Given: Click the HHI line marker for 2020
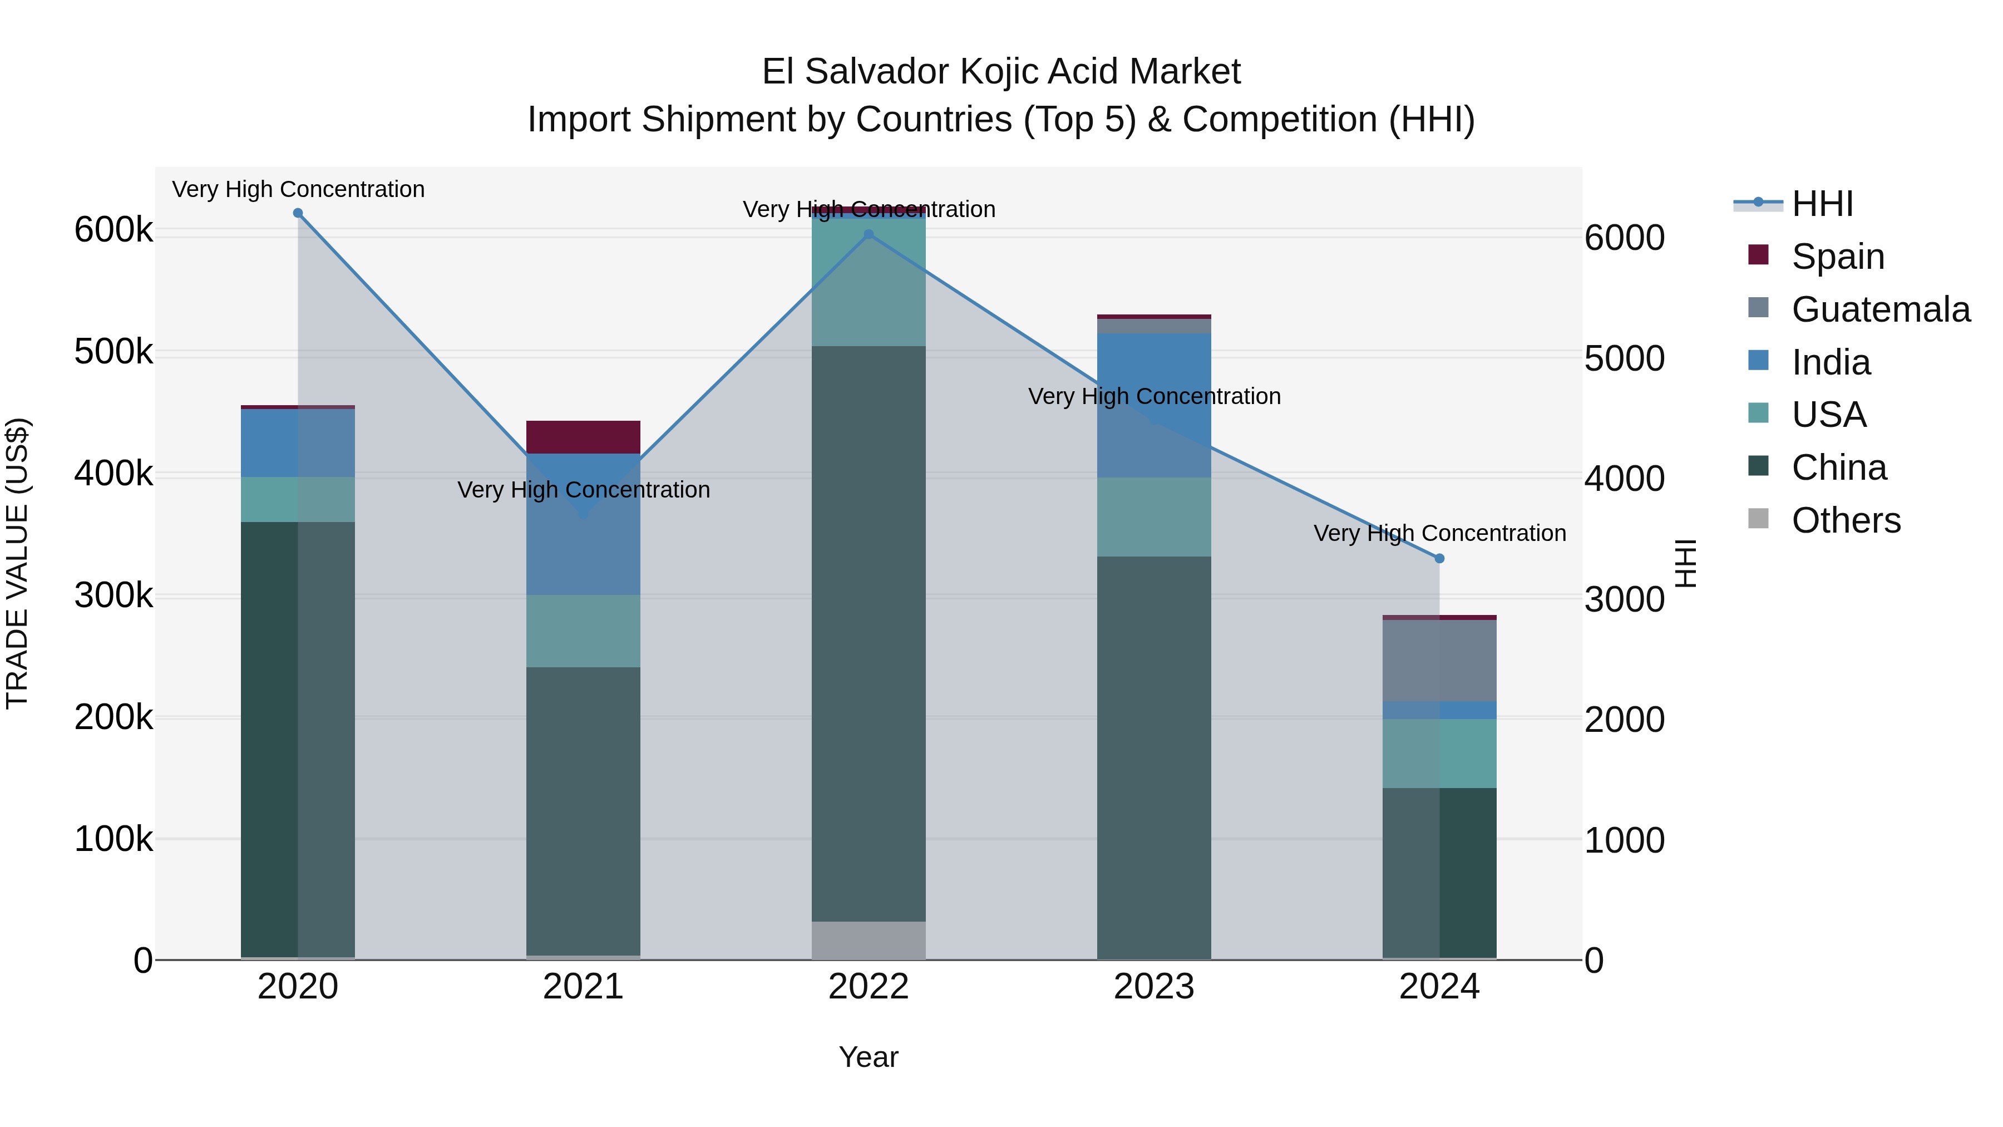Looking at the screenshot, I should [x=298, y=213].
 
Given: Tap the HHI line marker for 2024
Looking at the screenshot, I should [x=1439, y=558].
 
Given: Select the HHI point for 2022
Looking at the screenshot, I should [x=869, y=234].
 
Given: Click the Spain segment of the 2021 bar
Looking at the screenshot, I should [x=583, y=437].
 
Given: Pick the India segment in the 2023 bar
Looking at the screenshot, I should [x=1154, y=405].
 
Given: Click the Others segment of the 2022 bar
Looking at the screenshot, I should [x=869, y=941].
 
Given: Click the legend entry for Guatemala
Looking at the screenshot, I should [x=1880, y=309].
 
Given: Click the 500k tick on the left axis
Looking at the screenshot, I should [x=114, y=352].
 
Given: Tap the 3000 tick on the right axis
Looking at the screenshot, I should [x=1624, y=599].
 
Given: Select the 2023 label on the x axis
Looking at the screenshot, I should [x=1154, y=987].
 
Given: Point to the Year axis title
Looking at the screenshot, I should [x=869, y=1057].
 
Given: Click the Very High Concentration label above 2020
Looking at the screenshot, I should [x=298, y=190].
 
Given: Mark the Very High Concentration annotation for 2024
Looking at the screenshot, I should [x=1439, y=534].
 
